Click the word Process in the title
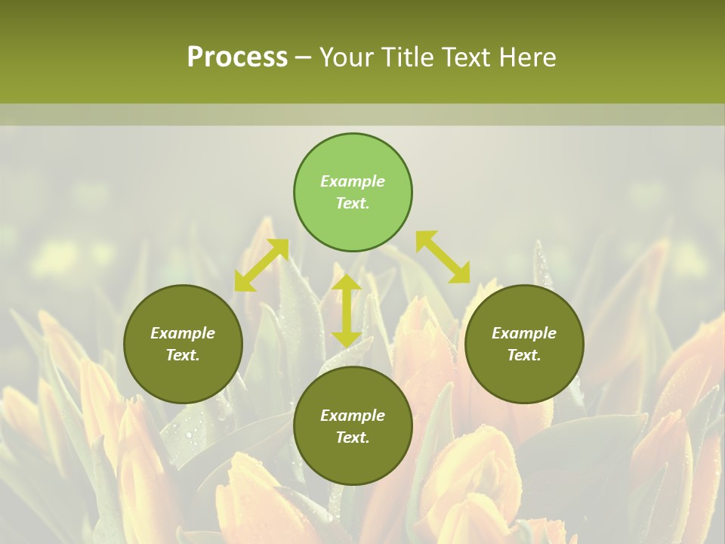pos(237,57)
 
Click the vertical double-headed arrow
pos(347,311)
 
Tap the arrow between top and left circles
pos(261,264)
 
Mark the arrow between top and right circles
pos(443,257)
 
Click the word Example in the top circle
pos(353,181)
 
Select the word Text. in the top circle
pos(353,203)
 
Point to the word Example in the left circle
pos(183,333)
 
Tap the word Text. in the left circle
pos(183,355)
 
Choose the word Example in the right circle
pos(524,333)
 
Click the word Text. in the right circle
pos(524,355)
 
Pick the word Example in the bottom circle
pos(353,416)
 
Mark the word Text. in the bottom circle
pos(353,437)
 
